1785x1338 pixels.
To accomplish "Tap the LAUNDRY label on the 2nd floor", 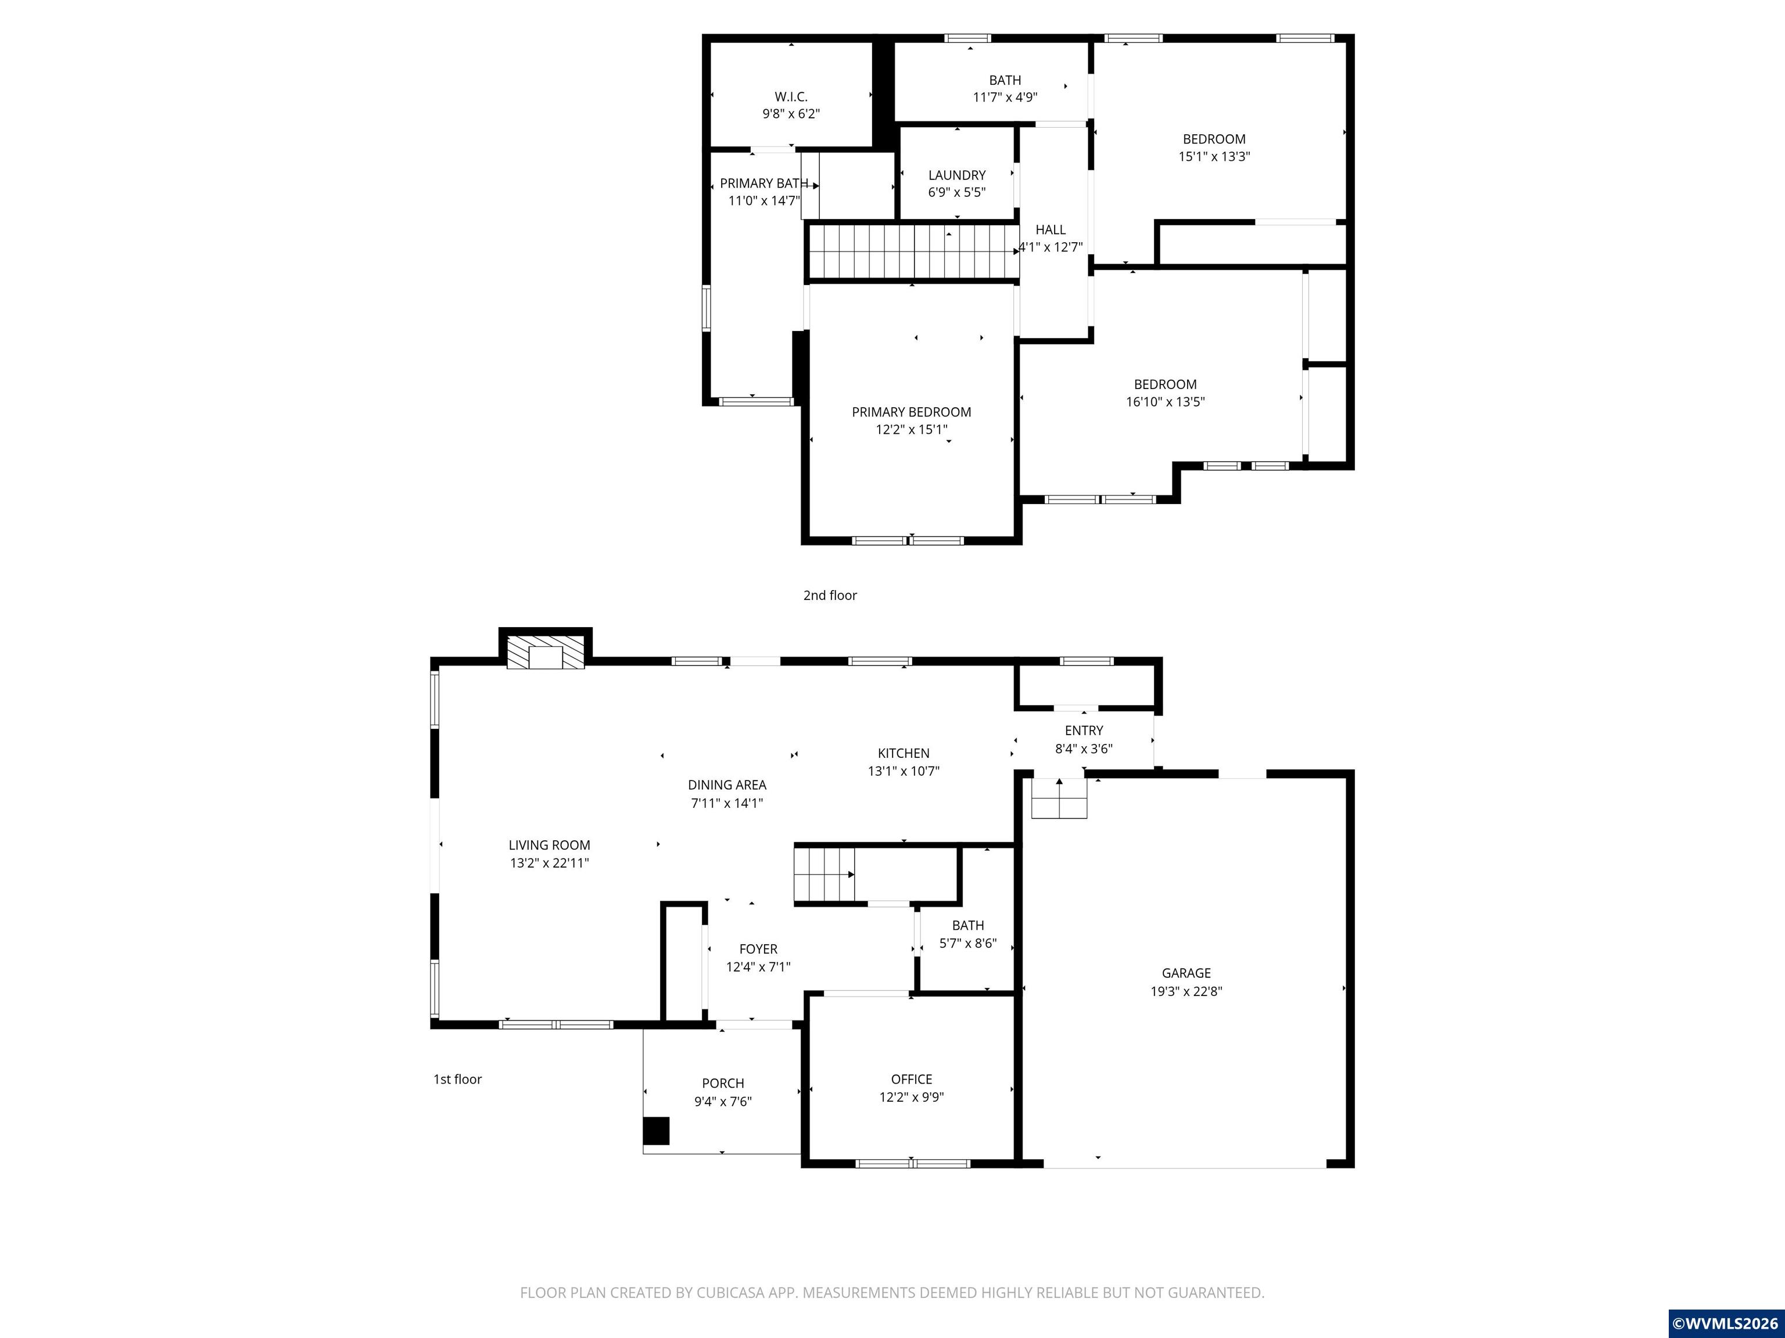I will pos(956,175).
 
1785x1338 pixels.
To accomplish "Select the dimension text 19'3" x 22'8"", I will pos(1187,991).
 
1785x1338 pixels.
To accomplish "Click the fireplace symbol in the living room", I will pos(546,653).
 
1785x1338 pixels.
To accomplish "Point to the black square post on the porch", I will pos(656,1131).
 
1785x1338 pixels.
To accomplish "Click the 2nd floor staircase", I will pos(912,251).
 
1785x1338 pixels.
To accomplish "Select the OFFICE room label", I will pos(911,1079).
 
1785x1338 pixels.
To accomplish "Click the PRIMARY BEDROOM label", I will pos(911,412).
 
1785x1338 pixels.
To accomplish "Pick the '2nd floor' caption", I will pos(830,595).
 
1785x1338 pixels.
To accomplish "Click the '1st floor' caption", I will pos(457,1079).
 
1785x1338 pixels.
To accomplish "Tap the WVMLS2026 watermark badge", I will pos(1725,1323).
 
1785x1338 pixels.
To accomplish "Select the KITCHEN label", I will pos(903,753).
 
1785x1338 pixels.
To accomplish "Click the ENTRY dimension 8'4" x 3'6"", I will pos(1084,749).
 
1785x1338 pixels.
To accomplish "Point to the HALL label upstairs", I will pos(1051,230).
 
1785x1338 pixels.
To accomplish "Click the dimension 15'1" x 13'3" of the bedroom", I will pos(1214,156).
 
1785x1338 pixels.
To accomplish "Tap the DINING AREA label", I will pos(726,785).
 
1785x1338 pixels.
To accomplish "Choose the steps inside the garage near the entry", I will pos(1059,799).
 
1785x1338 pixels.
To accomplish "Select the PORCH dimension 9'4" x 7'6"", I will pos(723,1102).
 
